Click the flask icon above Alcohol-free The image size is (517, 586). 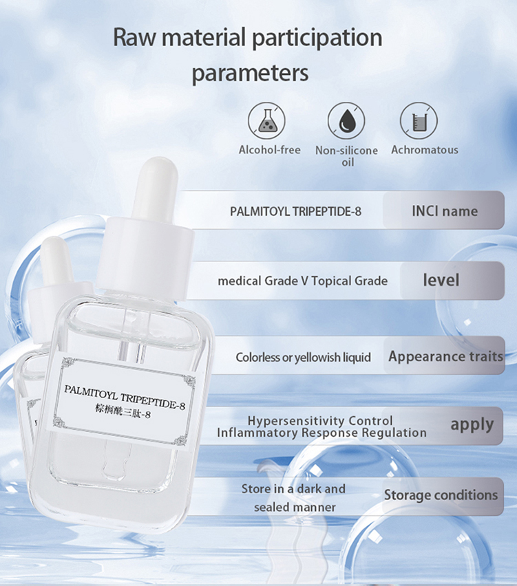(266, 120)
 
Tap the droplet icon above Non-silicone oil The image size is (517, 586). (346, 120)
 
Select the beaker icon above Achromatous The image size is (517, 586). (419, 120)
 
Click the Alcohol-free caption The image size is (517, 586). (270, 149)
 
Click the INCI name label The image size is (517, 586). (444, 210)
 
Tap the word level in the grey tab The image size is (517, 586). (441, 281)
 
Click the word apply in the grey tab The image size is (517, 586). (472, 424)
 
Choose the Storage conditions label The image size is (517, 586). (441, 495)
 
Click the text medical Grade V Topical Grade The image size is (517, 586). (302, 281)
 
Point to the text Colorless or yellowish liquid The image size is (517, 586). (303, 357)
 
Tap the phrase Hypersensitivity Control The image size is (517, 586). (320, 420)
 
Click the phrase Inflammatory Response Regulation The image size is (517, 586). (321, 433)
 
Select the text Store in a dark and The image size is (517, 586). (293, 488)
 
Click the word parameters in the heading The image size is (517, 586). (250, 73)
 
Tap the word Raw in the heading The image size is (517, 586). (133, 36)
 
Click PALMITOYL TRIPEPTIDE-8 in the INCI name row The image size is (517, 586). (295, 211)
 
